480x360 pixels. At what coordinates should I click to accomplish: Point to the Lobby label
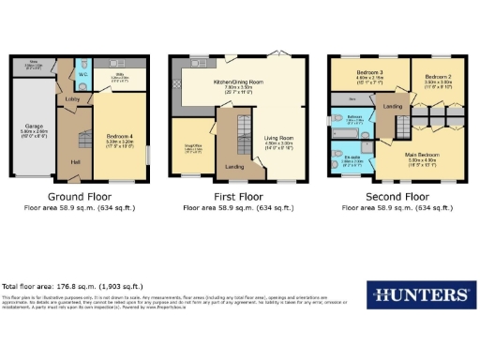71,97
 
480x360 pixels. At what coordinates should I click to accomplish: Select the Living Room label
284,138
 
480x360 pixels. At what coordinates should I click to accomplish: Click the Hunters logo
419,294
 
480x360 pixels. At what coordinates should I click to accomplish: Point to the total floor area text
72,285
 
